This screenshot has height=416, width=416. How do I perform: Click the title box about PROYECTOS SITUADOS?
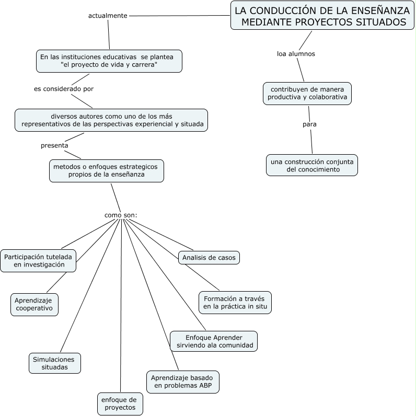click(x=322, y=16)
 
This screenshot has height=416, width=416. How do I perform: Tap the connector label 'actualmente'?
click(x=108, y=16)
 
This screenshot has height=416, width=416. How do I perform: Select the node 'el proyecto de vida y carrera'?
click(x=109, y=61)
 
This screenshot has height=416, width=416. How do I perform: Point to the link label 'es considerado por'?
click(x=64, y=89)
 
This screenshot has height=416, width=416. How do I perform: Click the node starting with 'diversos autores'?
click(x=111, y=120)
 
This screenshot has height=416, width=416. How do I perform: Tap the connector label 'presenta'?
click(x=54, y=145)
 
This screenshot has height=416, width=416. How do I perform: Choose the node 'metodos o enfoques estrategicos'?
click(x=107, y=170)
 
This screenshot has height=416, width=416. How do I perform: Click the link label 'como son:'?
click(x=121, y=215)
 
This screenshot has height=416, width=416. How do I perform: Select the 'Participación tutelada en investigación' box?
click(x=39, y=260)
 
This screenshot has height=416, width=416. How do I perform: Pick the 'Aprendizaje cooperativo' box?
click(x=34, y=305)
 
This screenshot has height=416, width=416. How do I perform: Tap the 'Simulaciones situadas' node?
click(x=55, y=363)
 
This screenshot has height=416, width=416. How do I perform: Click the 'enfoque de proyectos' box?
click(x=120, y=403)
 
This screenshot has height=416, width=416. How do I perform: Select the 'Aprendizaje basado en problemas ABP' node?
click(x=183, y=382)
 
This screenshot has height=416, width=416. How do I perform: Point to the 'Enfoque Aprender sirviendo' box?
click(x=214, y=341)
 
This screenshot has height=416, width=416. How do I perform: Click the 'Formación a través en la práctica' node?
click(x=235, y=302)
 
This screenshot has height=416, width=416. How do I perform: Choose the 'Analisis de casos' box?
click(x=209, y=258)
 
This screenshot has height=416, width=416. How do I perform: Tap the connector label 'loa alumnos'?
click(x=296, y=54)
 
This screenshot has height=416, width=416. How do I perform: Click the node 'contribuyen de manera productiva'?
click(x=307, y=93)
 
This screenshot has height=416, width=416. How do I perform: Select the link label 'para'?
click(x=309, y=124)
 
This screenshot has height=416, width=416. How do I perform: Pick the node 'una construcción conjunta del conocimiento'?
click(x=312, y=165)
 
